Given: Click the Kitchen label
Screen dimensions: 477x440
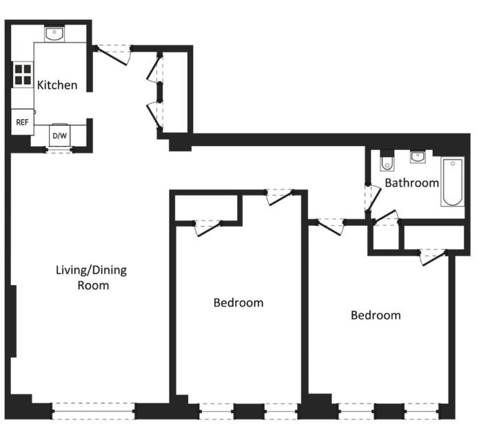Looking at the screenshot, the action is (x=57, y=85).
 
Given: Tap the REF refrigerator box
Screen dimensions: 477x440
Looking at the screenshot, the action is (x=22, y=122).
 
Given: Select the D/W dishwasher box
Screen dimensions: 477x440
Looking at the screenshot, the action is (x=59, y=135).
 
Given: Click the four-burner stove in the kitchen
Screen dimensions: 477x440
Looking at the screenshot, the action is (x=23, y=74).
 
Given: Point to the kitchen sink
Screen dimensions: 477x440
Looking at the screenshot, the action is (x=54, y=34).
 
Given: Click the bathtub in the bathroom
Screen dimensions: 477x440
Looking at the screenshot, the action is (x=453, y=182).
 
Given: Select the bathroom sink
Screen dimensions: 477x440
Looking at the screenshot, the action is (x=418, y=157).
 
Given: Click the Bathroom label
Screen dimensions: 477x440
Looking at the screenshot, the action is (x=412, y=183).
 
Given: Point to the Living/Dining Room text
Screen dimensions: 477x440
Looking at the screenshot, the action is (x=92, y=277).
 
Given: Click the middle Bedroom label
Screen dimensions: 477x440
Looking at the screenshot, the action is (x=238, y=303).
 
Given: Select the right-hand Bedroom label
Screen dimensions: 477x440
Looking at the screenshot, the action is (x=376, y=315).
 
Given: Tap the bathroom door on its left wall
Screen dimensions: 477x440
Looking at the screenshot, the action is (x=373, y=198).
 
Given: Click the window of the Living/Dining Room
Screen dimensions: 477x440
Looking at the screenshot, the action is (x=93, y=411).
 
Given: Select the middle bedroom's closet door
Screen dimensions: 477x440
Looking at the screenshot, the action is (x=208, y=228).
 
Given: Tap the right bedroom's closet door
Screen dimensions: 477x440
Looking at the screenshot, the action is (x=433, y=258).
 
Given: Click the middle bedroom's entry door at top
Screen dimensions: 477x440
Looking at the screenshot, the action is (x=280, y=198).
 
